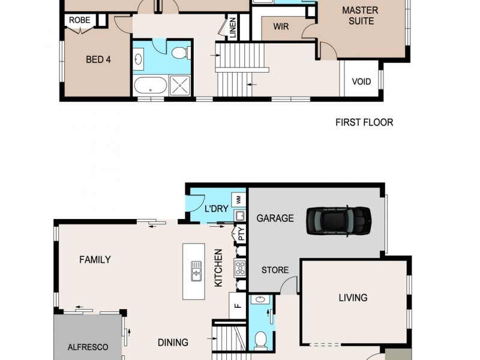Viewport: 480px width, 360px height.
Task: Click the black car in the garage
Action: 338,220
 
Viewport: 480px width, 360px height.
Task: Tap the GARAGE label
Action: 275,218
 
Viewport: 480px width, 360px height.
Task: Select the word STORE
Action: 275,270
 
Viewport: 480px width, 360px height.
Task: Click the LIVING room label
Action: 353,298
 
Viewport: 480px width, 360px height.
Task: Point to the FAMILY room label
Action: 95,260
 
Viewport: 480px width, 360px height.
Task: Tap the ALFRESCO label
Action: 88,347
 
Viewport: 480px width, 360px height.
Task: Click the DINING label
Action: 173,343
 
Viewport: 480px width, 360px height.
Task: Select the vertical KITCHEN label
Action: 218,268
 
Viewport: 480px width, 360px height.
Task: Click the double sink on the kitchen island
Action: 196,271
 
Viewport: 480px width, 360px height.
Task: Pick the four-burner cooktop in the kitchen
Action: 240,268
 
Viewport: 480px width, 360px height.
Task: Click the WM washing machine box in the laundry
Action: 238,199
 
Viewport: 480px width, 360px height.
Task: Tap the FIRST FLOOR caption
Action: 364,122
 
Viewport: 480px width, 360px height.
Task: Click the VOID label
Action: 361,82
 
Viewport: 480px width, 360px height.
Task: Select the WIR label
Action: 281,26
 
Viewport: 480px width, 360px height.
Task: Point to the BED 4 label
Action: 98,59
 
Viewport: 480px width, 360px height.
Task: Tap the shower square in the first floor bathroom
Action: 179,85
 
